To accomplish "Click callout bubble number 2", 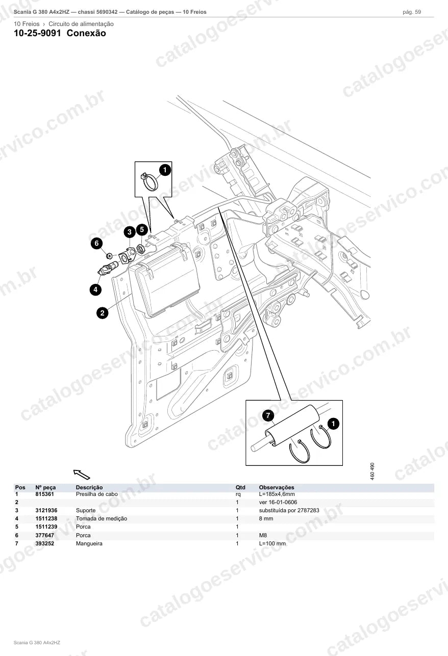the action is (x=103, y=313).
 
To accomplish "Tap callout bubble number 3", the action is (x=130, y=232).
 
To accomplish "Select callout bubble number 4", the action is (x=95, y=290).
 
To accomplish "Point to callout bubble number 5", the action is (x=142, y=229).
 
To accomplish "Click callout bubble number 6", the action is (x=97, y=243).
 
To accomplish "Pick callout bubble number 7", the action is (x=268, y=415).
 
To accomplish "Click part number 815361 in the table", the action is (x=44, y=494).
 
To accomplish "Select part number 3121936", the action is (x=46, y=510).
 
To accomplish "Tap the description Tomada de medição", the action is (x=102, y=518).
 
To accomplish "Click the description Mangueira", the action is (x=89, y=543).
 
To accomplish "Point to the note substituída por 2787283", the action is (x=289, y=510).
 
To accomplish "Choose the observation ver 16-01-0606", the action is (x=278, y=502).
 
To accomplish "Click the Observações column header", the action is (x=277, y=487).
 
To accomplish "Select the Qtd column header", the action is (x=240, y=487).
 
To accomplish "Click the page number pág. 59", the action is (x=412, y=12).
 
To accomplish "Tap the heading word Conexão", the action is (x=86, y=33).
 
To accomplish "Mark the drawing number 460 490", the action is (x=372, y=471).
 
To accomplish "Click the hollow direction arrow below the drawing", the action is (x=82, y=475).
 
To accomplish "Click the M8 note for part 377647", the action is (x=263, y=535).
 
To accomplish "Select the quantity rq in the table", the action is (x=238, y=494).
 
